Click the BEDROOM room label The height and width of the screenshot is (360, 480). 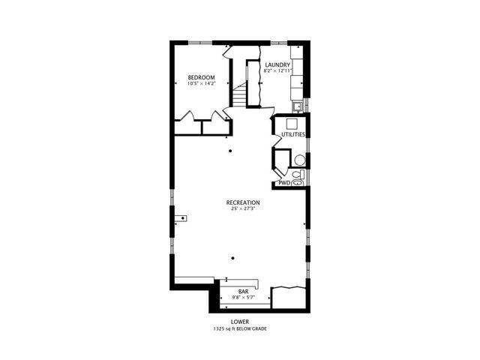click(201, 78)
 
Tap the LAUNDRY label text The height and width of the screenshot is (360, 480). click(277, 65)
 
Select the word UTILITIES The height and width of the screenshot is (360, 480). click(292, 135)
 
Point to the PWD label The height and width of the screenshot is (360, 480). click(284, 182)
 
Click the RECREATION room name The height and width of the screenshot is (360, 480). click(243, 202)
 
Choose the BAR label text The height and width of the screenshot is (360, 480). click(243, 291)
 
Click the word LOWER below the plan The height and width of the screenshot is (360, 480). click(239, 321)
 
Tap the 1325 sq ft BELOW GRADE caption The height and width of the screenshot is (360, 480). click(239, 328)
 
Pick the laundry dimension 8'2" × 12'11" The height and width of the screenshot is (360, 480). click(277, 71)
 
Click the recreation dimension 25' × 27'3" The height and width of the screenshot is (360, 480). click(243, 208)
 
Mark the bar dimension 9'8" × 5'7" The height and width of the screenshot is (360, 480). click(243, 297)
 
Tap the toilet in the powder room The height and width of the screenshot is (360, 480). click(297, 178)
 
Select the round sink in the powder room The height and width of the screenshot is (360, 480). click(298, 160)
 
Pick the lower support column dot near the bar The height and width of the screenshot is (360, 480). click(233, 258)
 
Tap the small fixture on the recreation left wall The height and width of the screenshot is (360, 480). click(181, 218)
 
